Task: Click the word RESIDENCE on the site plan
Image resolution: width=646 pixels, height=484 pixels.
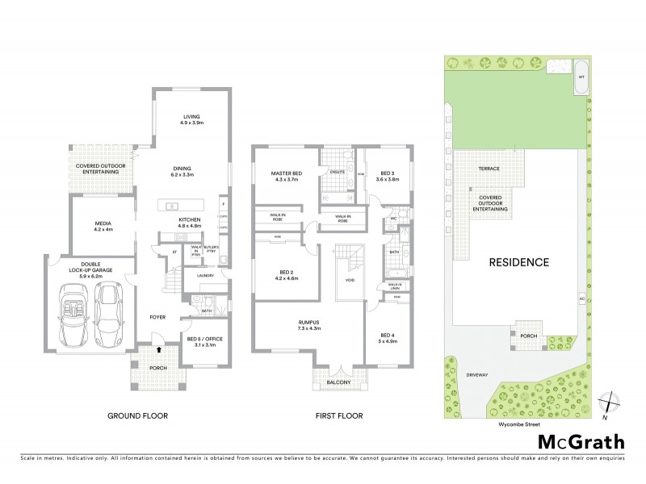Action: tap(518, 262)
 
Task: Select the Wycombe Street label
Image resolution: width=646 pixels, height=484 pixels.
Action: tap(518, 420)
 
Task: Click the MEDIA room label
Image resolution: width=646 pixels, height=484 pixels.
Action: tap(103, 223)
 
